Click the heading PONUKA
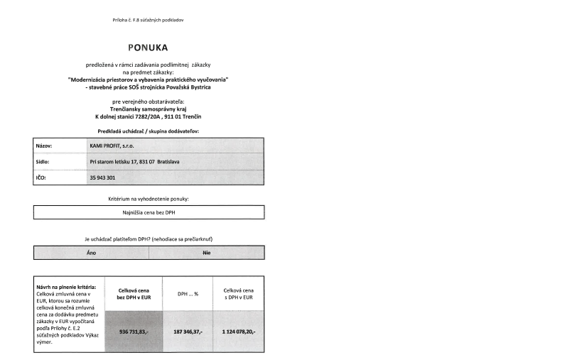click(148, 48)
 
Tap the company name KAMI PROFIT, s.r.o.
click(117, 146)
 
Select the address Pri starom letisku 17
click(134, 162)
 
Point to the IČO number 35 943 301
click(104, 178)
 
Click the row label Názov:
click(45, 146)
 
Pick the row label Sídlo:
click(44, 162)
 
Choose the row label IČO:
click(41, 178)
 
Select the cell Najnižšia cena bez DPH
click(149, 212)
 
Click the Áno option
click(92, 253)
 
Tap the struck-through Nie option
click(207, 253)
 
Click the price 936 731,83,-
click(134, 331)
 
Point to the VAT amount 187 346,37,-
click(188, 331)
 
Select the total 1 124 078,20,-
click(239, 331)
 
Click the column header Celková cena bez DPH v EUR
click(134, 293)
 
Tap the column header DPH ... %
click(188, 293)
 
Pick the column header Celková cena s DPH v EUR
click(239, 293)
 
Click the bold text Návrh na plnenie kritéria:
click(65, 287)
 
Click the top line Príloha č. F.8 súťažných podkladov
click(149, 19)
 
